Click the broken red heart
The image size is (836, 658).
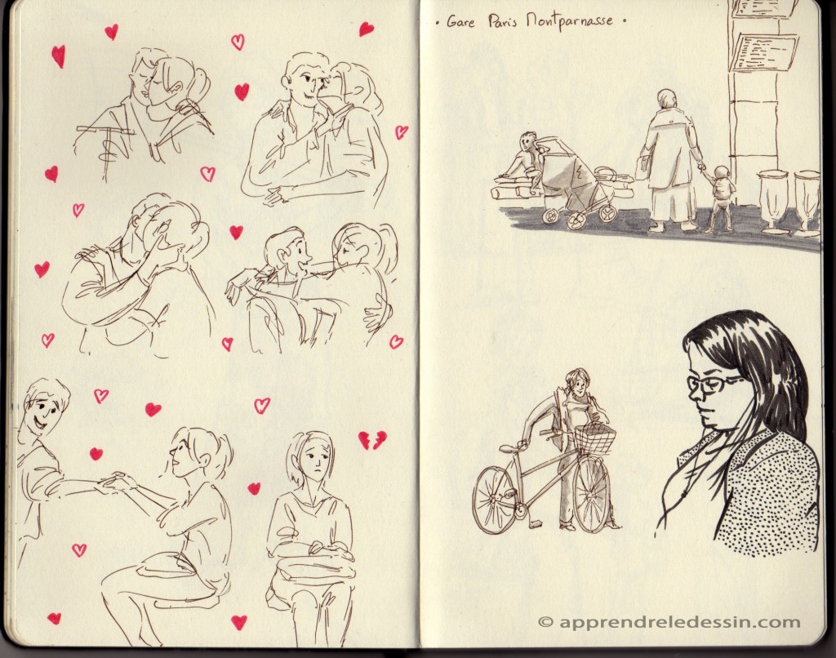(x=372, y=440)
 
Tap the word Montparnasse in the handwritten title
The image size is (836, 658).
(x=569, y=22)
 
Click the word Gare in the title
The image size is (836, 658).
(x=460, y=22)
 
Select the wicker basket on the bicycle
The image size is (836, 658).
(x=594, y=439)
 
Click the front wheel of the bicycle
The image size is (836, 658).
(x=591, y=494)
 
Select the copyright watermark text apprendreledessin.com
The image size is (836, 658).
(x=669, y=622)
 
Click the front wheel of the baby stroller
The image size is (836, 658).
(x=576, y=219)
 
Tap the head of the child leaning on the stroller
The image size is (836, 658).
(x=527, y=141)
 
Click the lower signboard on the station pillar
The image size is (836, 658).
(x=764, y=52)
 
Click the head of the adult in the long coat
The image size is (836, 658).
(x=666, y=99)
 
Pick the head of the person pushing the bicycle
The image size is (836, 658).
(x=577, y=380)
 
